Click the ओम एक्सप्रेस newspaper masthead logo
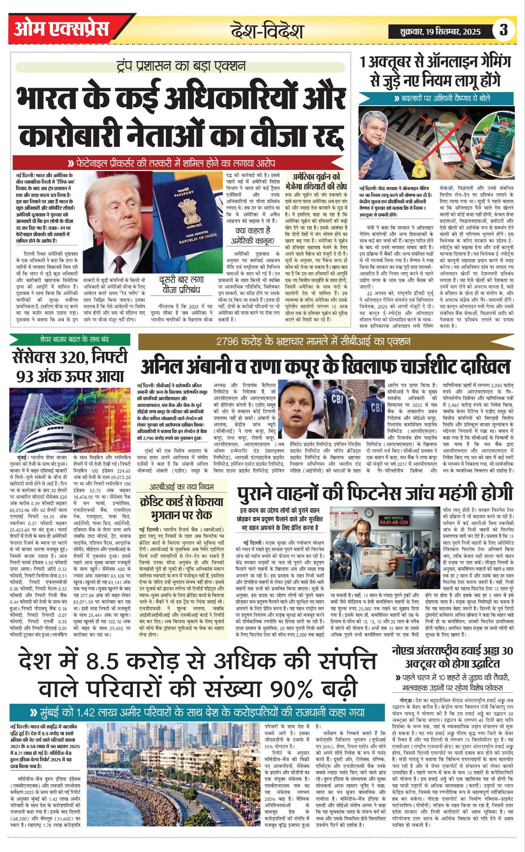point(62,29)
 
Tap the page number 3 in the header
point(504,30)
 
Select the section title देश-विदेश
point(267,31)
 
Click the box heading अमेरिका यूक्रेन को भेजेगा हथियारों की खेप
point(316,181)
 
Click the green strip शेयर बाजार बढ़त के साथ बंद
point(70,340)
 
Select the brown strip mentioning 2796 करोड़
point(313,341)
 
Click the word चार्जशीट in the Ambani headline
point(407,366)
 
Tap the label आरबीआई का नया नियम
point(181,486)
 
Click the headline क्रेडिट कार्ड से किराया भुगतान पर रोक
point(181,508)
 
